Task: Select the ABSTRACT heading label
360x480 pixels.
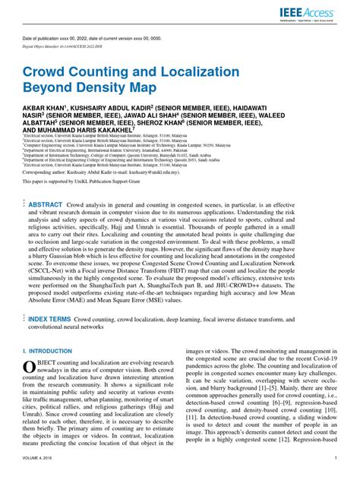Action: (x=46, y=205)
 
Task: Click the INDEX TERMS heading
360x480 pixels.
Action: (x=51, y=320)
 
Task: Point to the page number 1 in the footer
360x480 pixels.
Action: (x=336, y=459)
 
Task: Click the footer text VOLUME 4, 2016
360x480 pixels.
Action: (x=40, y=459)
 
